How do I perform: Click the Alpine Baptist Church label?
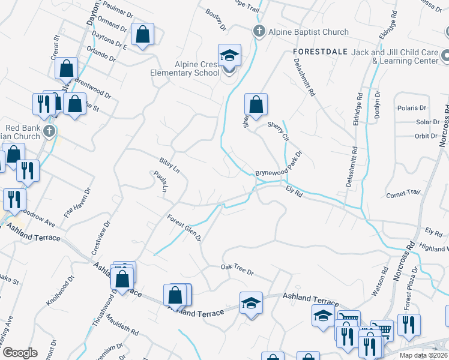tap(309, 32)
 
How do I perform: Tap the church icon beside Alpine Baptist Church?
tap(259, 31)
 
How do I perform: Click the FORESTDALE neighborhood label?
tap(321, 52)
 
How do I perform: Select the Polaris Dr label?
tap(411, 108)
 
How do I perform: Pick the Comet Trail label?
tap(403, 194)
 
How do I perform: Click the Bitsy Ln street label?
tap(169, 166)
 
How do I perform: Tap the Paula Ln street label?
tap(160, 182)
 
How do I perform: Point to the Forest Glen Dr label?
tap(184, 228)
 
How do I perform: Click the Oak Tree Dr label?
tap(237, 269)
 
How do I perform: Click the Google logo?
tap(19, 353)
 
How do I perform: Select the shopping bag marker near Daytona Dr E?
tap(143, 35)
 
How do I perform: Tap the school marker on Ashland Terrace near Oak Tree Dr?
tap(251, 302)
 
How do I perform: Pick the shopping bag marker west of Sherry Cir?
tap(256, 104)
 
